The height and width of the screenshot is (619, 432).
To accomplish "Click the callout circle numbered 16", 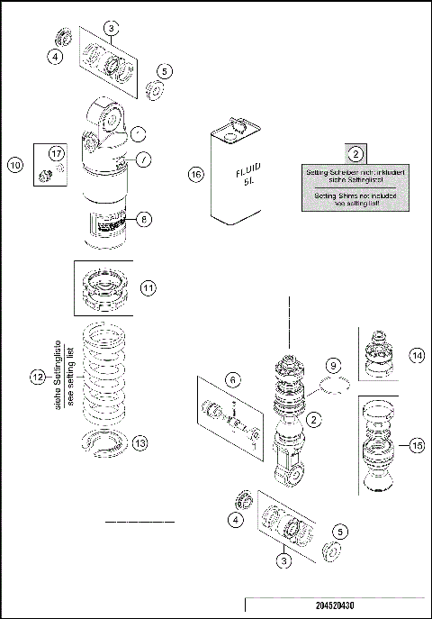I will pos(196,174).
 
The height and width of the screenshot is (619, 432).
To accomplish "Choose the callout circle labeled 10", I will pos(15,165).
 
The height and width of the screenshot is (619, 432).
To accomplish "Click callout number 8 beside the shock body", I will pos(144,218).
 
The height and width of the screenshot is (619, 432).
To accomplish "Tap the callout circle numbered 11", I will pos(148,287).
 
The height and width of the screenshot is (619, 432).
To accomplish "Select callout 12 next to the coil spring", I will pos(37,378).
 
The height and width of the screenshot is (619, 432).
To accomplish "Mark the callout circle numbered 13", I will pos(139,444).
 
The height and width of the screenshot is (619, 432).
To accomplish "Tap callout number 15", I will pos(415,443).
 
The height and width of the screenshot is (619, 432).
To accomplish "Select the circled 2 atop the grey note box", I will pos(356,153).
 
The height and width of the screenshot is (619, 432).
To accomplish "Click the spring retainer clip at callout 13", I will pos(106,444).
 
